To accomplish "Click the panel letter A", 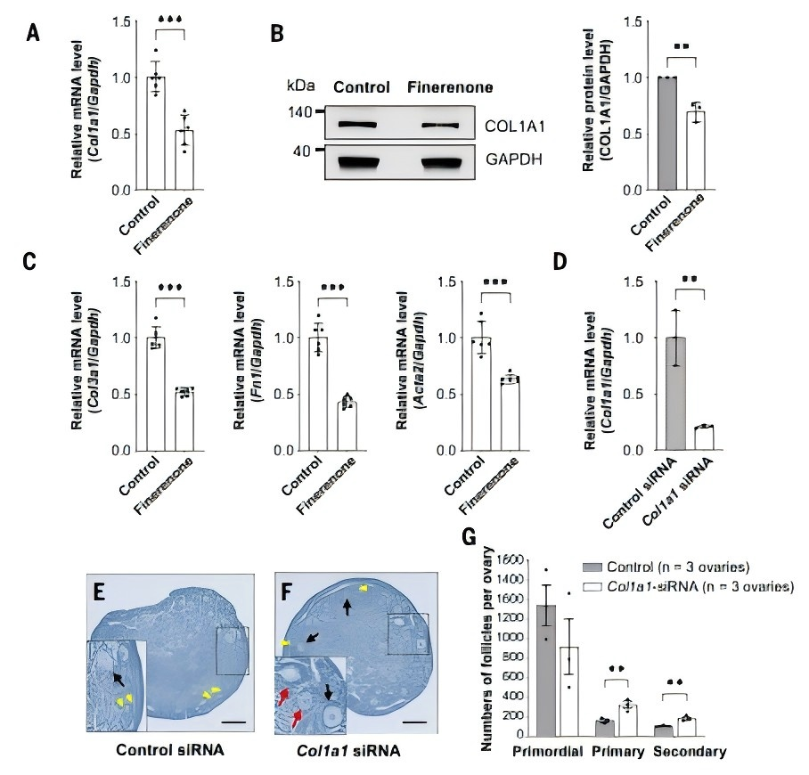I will (x=33, y=34).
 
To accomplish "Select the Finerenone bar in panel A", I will (x=184, y=160).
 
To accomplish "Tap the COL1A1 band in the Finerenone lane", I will (x=438, y=126).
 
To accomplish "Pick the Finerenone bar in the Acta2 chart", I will (x=509, y=415).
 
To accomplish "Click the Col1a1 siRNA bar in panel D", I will (x=704, y=438).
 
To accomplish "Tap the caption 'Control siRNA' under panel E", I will (x=170, y=749).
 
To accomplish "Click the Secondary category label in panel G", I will (x=690, y=751).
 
